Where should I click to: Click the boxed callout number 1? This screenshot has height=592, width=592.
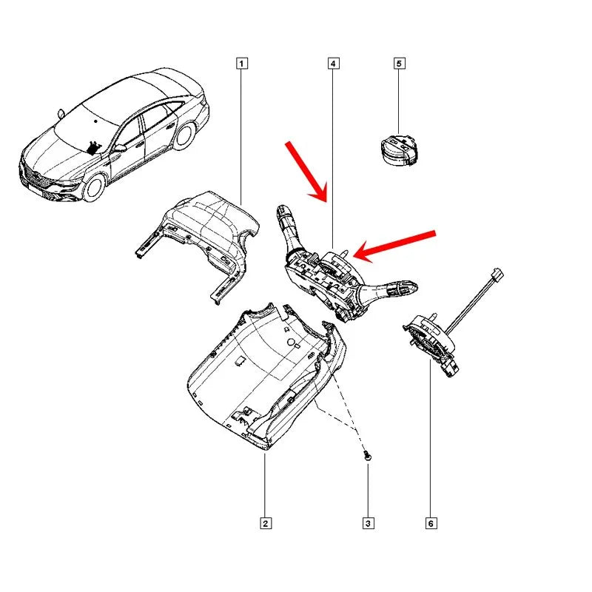click(242, 64)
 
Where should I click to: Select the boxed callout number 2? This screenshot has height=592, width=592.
click(265, 524)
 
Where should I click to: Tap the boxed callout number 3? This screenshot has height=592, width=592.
click(369, 524)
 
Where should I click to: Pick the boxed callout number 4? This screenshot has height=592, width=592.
click(333, 64)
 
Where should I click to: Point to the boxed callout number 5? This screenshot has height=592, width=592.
click(399, 64)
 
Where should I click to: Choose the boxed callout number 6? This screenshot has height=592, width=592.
click(431, 524)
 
